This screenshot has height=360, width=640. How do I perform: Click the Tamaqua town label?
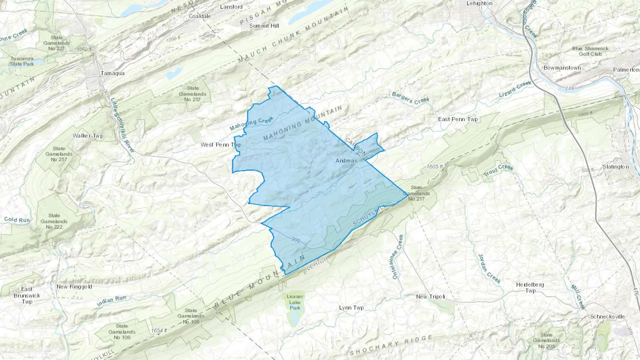pos(112,73)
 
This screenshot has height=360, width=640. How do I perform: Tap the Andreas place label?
pos(346,161)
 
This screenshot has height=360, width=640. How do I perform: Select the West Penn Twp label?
pos(221,145)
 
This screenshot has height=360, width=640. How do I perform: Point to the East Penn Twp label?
pos(458,119)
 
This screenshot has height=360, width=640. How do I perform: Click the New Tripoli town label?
pos(431,297)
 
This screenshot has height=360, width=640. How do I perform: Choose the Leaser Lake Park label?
pos(295,302)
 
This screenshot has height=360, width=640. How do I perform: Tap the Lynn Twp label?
pos(351,308)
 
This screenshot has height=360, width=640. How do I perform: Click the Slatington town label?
pos(615,167)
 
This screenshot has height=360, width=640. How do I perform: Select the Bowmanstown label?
pos(562,68)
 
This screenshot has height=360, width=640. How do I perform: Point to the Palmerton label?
pos(626,70)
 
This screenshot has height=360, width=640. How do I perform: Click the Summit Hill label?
pos(264,26)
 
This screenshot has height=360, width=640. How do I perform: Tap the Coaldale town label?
pos(200,16)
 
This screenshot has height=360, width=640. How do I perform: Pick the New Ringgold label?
pos(74,287)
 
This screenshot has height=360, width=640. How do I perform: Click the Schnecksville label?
pos(607,317)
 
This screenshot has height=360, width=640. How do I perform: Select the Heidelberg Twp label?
pos(530,288)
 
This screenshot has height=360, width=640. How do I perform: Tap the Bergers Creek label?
pos(411,98)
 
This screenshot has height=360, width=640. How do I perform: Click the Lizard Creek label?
pos(515,89)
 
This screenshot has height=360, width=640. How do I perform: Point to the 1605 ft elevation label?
pos(435,167)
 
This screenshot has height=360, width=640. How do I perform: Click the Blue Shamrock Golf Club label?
pos(590,51)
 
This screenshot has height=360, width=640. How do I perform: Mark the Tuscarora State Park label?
pos(22,61)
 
